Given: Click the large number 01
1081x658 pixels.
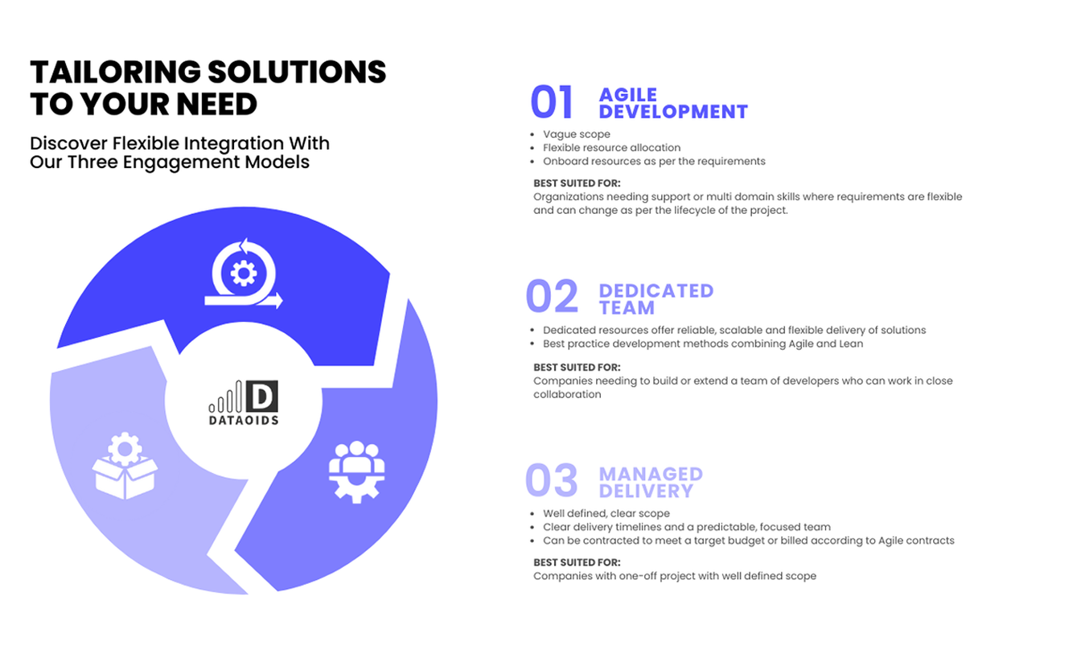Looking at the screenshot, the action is pyautogui.click(x=552, y=102).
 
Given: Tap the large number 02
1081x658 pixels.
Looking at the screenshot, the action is pyautogui.click(x=552, y=296).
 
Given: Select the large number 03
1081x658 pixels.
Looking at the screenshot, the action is pyautogui.click(x=552, y=480).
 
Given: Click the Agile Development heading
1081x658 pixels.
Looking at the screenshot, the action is pyautogui.click(x=673, y=103).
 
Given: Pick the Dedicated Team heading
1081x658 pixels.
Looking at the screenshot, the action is pyautogui.click(x=656, y=299).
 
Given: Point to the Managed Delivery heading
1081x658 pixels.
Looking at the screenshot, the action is pyautogui.click(x=651, y=483).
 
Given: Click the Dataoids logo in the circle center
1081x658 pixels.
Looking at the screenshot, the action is pyautogui.click(x=244, y=403).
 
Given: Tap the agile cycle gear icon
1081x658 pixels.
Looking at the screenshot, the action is pyautogui.click(x=244, y=273).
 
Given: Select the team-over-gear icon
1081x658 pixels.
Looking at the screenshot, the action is pyautogui.click(x=356, y=472).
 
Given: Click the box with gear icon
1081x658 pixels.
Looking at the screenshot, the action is pyautogui.click(x=125, y=466).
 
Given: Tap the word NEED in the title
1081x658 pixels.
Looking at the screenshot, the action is pyautogui.click(x=216, y=105).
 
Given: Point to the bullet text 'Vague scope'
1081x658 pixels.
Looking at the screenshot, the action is pyautogui.click(x=576, y=134).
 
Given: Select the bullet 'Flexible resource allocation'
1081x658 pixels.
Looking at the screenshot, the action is pyautogui.click(x=611, y=148).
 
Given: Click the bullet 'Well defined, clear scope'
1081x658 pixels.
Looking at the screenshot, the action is pyautogui.click(x=606, y=514).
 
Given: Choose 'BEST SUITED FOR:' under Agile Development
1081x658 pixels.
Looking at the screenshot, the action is pyautogui.click(x=577, y=183).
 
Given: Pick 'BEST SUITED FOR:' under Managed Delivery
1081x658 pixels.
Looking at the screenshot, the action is pyautogui.click(x=577, y=562).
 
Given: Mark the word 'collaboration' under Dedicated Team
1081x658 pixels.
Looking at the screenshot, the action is pyautogui.click(x=567, y=394).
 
